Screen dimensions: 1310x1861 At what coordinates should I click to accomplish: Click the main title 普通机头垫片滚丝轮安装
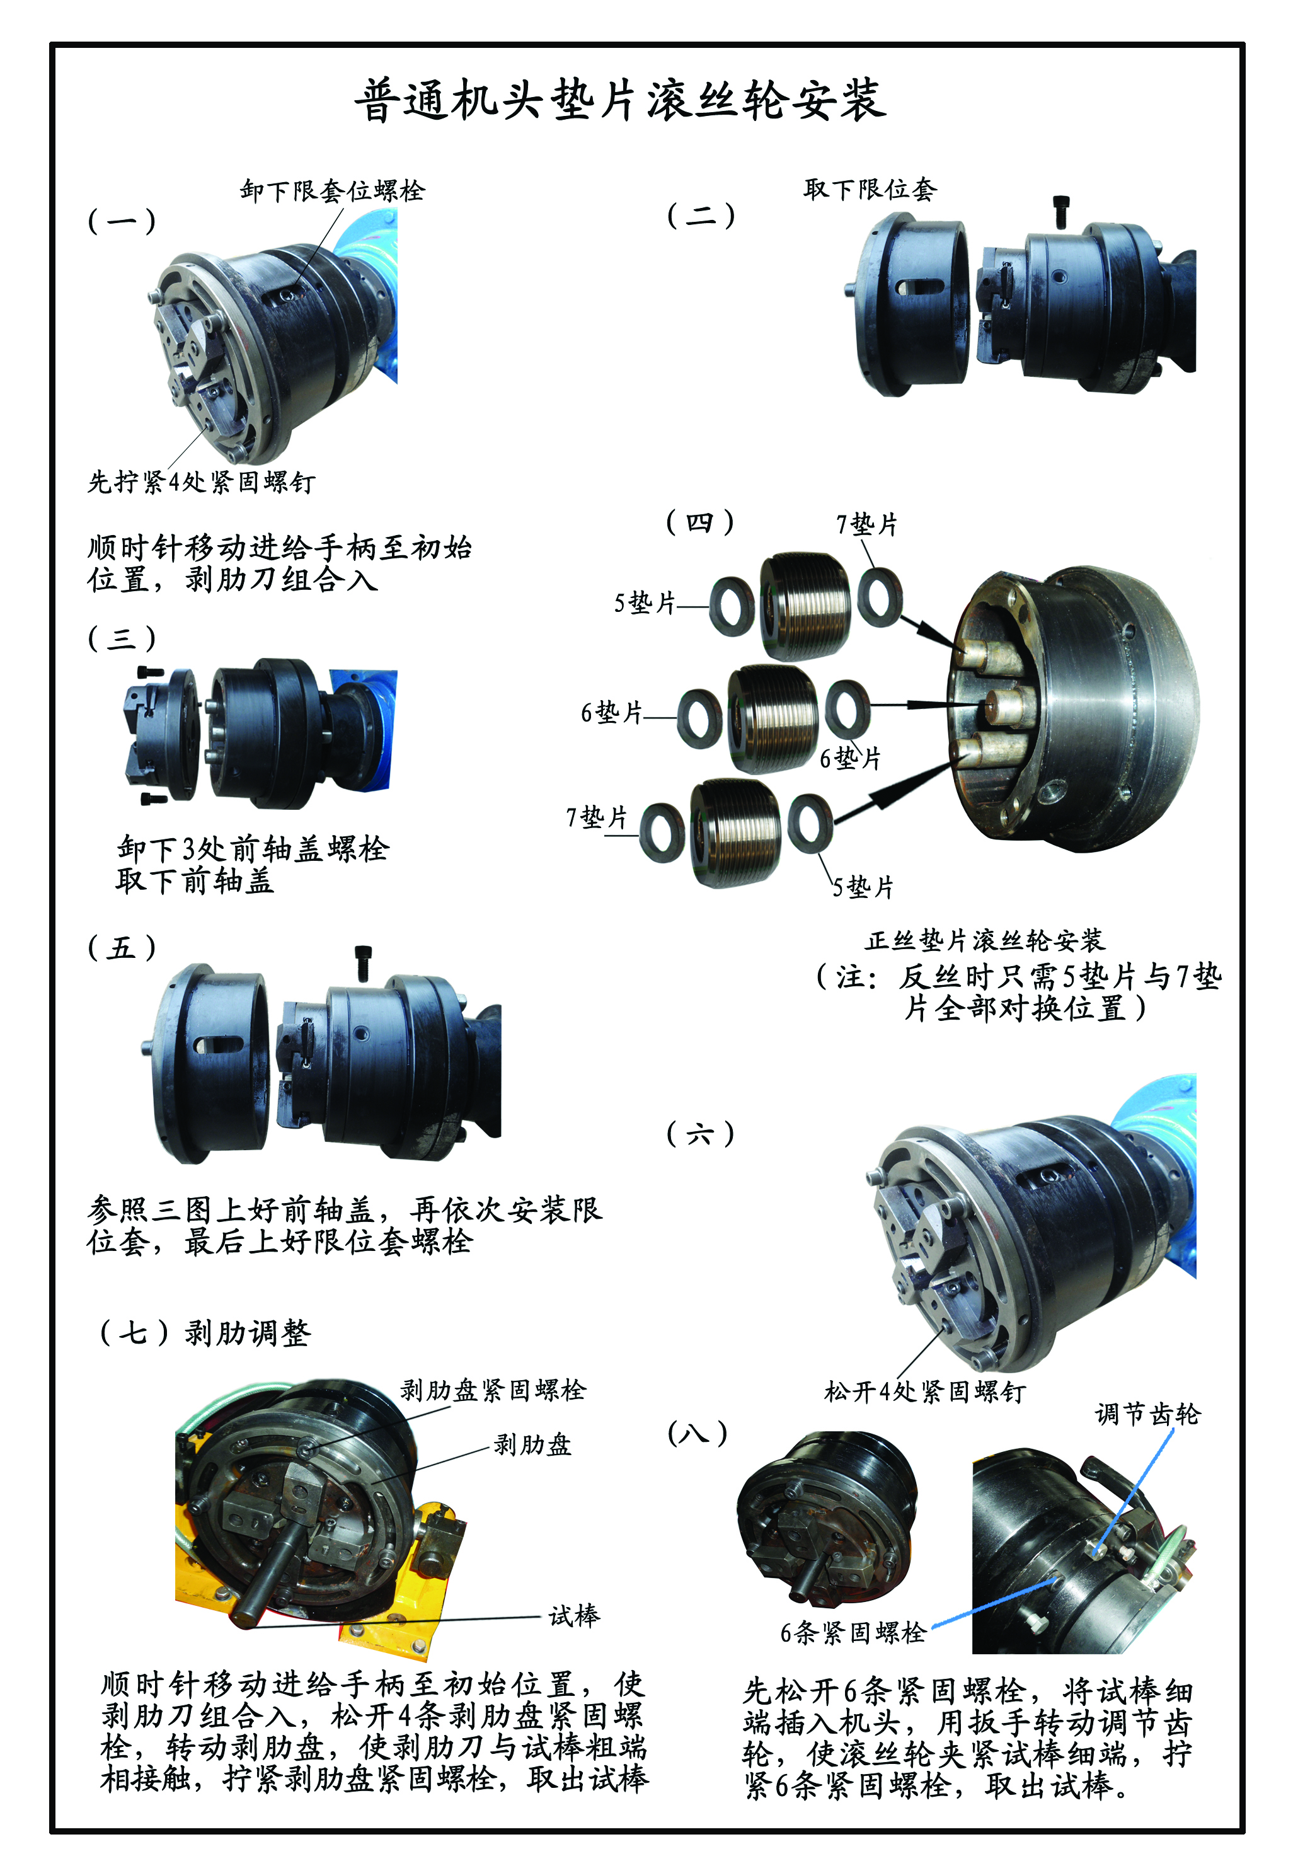620,100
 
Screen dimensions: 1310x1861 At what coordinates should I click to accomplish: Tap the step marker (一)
122,220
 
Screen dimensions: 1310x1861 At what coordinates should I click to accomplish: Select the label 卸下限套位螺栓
332,190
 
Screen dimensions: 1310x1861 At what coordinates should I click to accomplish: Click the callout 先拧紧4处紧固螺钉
201,482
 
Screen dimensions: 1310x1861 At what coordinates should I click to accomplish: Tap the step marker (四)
701,522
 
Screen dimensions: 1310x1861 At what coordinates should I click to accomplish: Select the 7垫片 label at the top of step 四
866,524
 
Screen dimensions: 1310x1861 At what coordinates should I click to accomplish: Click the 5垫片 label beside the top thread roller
645,603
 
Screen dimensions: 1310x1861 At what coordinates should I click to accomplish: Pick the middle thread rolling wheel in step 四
773,718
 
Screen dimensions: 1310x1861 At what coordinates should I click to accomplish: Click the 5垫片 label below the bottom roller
863,887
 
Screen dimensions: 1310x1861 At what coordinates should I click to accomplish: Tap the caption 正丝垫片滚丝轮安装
985,940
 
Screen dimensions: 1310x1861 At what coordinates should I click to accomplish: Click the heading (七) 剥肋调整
205,1332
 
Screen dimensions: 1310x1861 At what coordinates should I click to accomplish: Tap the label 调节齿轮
1147,1414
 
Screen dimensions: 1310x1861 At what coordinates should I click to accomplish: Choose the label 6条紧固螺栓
853,1632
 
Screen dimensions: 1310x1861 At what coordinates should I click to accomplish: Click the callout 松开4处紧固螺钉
925,1391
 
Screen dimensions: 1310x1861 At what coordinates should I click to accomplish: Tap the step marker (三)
122,638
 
